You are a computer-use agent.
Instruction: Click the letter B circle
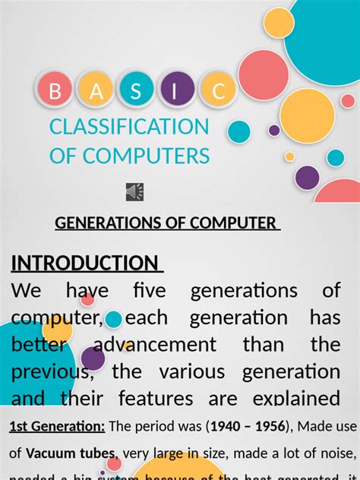click(x=55, y=91)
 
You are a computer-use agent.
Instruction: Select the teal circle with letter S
click(x=136, y=91)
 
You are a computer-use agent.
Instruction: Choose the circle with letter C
click(x=218, y=91)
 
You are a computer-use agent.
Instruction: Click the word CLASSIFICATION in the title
click(x=129, y=127)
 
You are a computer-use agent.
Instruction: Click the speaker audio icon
click(x=134, y=192)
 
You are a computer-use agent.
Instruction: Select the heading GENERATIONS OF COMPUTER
click(x=167, y=223)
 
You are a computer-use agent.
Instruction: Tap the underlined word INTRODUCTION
click(x=85, y=264)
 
